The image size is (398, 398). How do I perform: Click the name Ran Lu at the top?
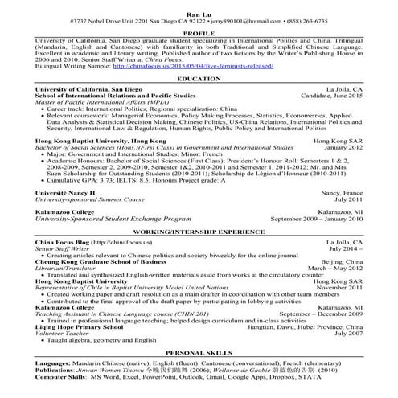[198, 7]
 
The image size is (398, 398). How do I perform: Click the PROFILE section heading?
[198, 33]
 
